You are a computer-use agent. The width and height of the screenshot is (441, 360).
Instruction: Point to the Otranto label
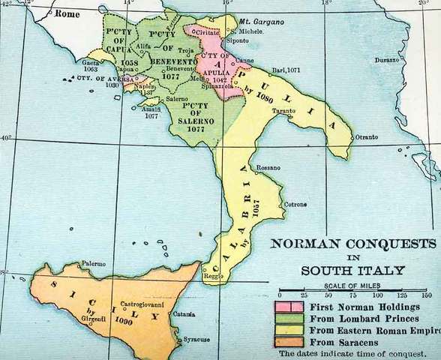[367, 136]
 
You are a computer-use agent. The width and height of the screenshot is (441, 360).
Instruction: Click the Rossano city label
[268, 167]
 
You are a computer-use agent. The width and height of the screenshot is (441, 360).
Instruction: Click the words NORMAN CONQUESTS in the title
[352, 243]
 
